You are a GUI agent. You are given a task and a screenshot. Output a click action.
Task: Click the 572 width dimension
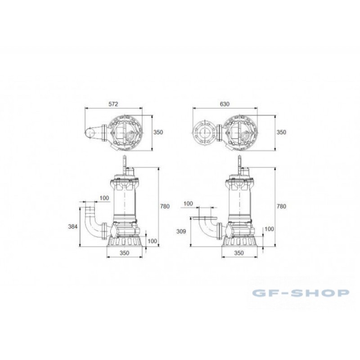click(113, 104)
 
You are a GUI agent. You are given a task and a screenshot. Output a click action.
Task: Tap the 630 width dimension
click(225, 104)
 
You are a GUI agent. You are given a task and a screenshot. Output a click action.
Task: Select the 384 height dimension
click(73, 227)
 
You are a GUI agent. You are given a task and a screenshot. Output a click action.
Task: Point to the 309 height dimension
click(181, 231)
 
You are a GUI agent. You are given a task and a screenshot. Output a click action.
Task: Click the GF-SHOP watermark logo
click(301, 293)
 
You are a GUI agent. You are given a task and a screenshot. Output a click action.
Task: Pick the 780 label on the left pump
click(165, 206)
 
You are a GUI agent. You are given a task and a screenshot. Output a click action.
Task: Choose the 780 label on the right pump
click(281, 206)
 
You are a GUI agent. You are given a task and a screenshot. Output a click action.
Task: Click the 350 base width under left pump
click(125, 253)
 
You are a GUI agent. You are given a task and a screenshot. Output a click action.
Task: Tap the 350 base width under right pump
click(239, 253)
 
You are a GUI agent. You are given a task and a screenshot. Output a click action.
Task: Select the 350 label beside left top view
click(158, 132)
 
